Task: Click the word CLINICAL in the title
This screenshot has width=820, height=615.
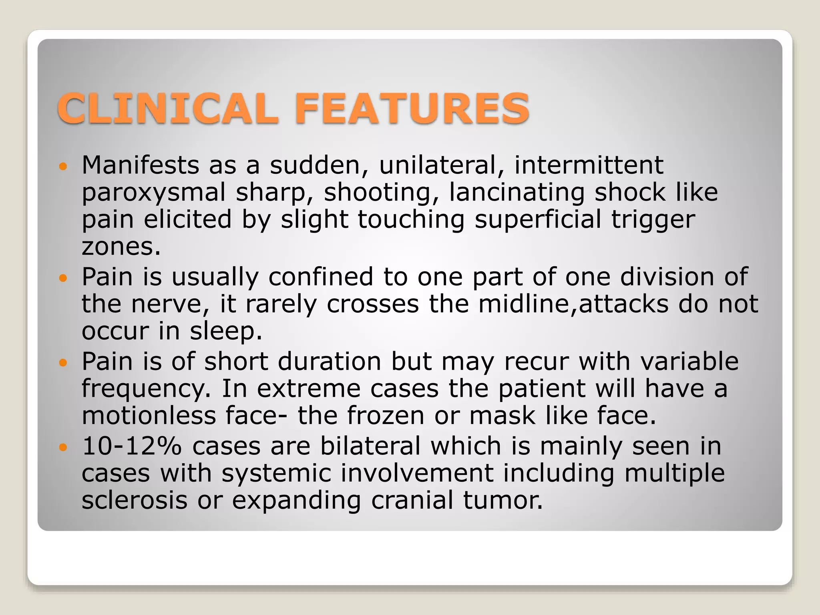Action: [168, 108]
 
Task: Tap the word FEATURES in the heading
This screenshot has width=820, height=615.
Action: [412, 108]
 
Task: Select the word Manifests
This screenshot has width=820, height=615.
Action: [140, 165]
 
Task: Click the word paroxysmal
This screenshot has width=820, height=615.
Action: [154, 193]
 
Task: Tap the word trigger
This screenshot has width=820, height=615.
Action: [653, 220]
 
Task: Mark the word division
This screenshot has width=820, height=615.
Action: [667, 277]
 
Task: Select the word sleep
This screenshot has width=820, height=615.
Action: [226, 331]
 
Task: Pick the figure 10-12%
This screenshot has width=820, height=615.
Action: [132, 446]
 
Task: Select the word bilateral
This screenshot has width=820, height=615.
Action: [370, 446]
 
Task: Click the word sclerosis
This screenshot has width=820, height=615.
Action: [135, 500]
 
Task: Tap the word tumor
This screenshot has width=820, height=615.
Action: [503, 500]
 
